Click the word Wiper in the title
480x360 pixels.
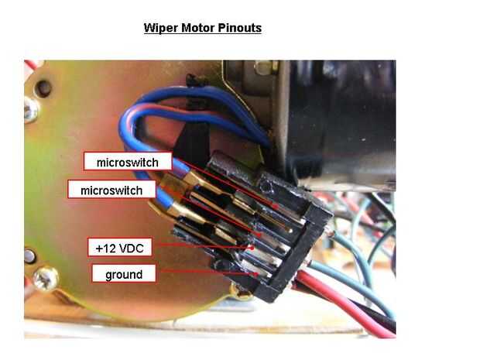pos(161,28)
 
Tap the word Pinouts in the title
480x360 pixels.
pos(240,28)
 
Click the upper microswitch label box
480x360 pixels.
pos(128,161)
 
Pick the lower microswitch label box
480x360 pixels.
pos(111,190)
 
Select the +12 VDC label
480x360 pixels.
pos(120,247)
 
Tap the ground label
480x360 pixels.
pos(124,273)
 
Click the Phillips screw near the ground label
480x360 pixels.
pos(46,278)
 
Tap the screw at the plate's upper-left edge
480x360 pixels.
pos(31,110)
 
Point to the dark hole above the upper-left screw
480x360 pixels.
pos(43,88)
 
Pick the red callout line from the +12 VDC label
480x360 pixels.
pos(206,246)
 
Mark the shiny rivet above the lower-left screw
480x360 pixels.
pos(29,256)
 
